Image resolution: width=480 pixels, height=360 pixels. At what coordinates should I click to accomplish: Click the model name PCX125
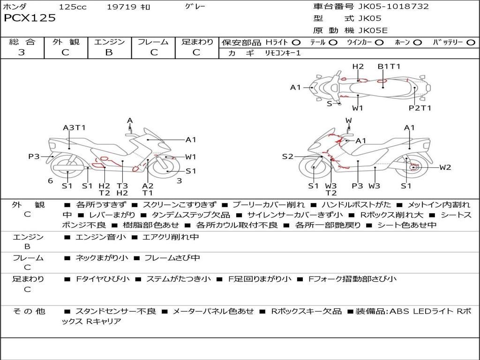[x=30, y=18]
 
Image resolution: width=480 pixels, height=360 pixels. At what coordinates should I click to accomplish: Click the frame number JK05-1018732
[x=387, y=7]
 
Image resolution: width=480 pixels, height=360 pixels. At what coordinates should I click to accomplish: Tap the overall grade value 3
[x=22, y=52]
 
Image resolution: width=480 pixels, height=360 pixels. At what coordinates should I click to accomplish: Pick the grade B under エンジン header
[x=109, y=52]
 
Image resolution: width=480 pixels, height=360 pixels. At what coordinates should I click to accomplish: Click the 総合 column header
[x=22, y=42]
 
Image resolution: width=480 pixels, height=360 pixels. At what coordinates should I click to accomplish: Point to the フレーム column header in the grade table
[x=153, y=42]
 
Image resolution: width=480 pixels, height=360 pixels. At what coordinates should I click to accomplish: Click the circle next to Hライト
[x=296, y=43]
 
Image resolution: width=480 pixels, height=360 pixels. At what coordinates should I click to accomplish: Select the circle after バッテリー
[x=471, y=43]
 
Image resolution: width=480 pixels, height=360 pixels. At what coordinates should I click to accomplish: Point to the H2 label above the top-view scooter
[x=358, y=67]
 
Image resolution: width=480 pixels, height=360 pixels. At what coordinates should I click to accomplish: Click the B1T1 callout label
[x=389, y=67]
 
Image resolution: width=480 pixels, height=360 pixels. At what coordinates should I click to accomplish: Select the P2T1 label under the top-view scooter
[x=420, y=108]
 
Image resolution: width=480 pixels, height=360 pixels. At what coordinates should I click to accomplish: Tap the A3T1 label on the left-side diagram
[x=74, y=127]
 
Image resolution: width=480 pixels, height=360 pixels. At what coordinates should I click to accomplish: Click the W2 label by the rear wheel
[x=445, y=167]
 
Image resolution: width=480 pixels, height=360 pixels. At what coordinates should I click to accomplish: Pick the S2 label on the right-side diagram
[x=287, y=157]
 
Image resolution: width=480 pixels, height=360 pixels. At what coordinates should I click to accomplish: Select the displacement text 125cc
[x=73, y=7]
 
